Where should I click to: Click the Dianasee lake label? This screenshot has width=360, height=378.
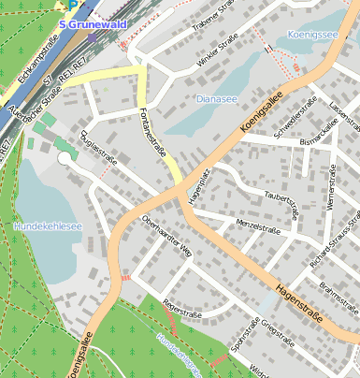point(217,98)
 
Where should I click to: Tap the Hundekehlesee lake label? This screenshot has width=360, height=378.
point(48,226)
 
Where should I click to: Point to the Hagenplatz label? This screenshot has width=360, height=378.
point(195,184)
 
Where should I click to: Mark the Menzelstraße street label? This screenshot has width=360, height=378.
point(258,225)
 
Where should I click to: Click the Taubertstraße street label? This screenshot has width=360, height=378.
point(281,198)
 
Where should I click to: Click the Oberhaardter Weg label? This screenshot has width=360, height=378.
point(166,236)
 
